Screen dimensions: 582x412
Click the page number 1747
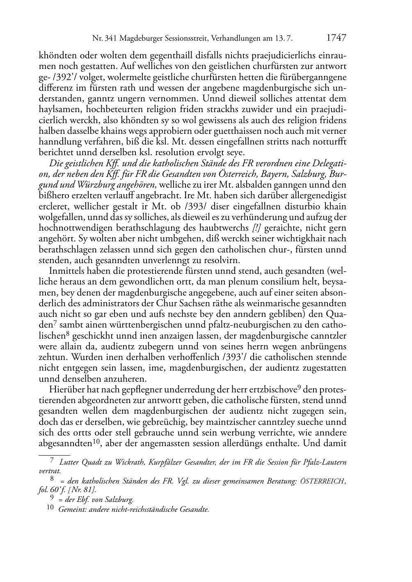tap(336, 38)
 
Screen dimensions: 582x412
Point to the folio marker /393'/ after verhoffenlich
tap(235, 357)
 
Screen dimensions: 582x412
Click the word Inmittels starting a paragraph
tap(67, 271)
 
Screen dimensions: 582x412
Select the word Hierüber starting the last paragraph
tap(66, 389)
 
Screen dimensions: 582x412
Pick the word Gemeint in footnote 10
tap(71, 510)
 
